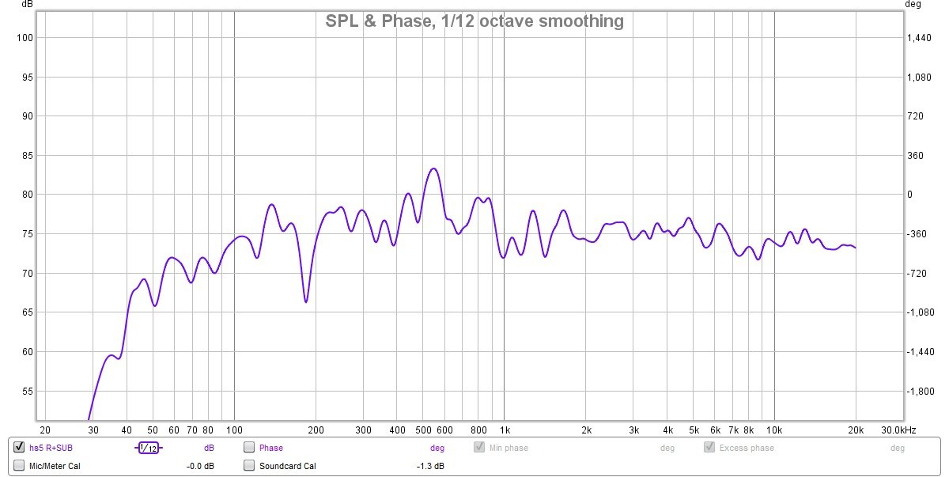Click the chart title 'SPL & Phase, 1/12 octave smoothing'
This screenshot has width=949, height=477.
pos(475,21)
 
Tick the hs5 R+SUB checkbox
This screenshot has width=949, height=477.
pos(19,448)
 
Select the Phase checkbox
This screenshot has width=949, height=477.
pos(249,448)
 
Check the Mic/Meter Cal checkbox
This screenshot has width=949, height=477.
pos(19,466)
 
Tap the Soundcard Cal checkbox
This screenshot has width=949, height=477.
pos(249,466)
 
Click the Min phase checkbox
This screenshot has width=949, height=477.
pos(479,448)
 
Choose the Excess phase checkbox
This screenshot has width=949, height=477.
pos(709,448)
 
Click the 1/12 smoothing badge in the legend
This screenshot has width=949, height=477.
pos(148,448)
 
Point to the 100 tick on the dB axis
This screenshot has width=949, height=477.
pos(23,38)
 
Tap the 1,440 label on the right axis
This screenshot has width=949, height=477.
pos(921,38)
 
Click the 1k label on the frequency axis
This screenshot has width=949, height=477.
pos(505,430)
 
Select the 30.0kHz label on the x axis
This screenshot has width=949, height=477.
pos(899,430)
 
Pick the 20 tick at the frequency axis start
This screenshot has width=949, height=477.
pos(45,430)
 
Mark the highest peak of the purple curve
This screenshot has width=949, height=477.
pos(433,168)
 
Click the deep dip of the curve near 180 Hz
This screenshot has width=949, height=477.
pos(306,301)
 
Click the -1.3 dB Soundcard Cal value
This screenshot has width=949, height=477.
pos(430,466)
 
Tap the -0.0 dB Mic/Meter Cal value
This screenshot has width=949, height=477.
pos(200,466)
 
